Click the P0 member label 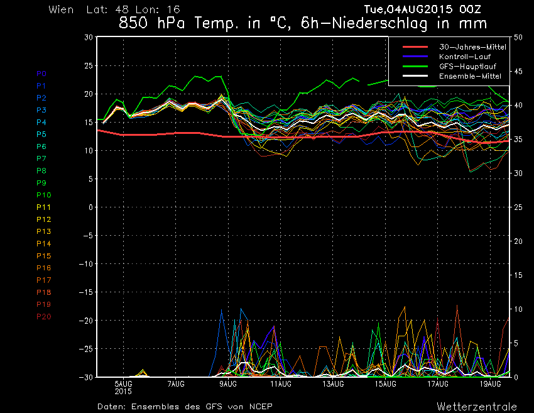tap(41, 74)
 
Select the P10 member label tap(43, 195)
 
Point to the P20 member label tap(43, 316)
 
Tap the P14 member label tap(43, 243)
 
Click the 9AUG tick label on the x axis tap(229, 383)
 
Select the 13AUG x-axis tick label tap(333, 383)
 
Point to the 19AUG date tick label tap(490, 383)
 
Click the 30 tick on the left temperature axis tap(89, 37)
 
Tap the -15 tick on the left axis tap(86, 292)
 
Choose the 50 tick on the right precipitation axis tap(518, 37)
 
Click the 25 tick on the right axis tap(518, 207)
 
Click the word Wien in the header tap(61, 10)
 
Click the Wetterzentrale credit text tap(477, 406)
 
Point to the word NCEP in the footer tap(259, 406)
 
